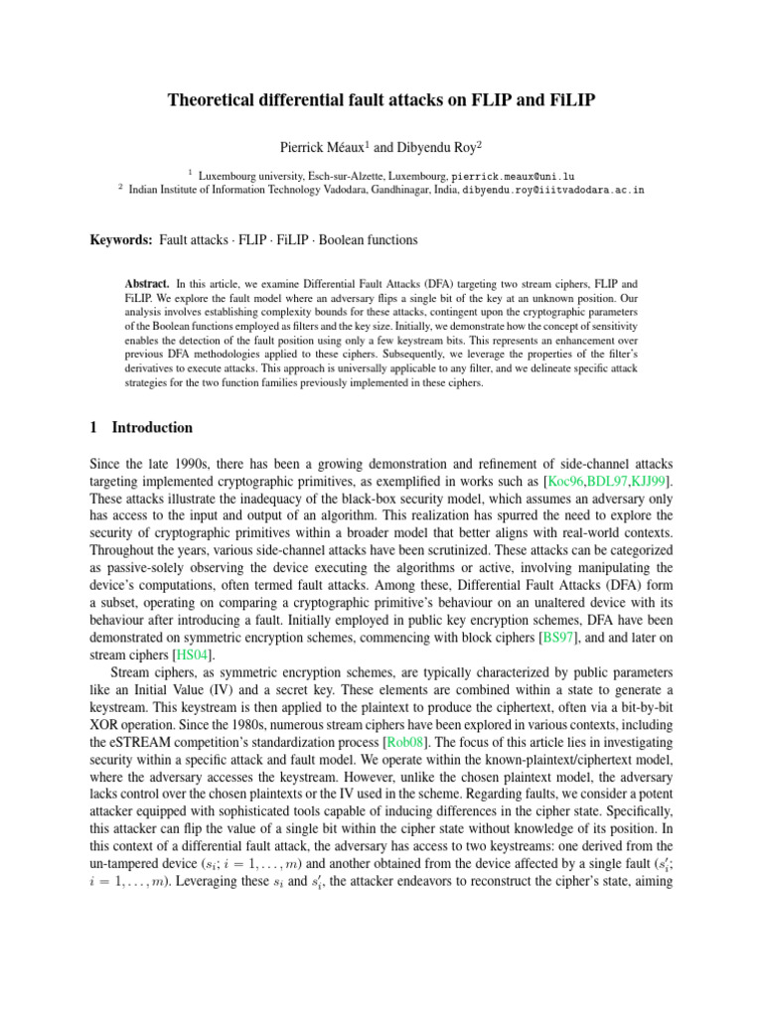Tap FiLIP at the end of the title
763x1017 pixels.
(570, 100)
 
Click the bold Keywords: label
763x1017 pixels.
(118, 240)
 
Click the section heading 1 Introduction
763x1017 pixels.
(140, 428)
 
